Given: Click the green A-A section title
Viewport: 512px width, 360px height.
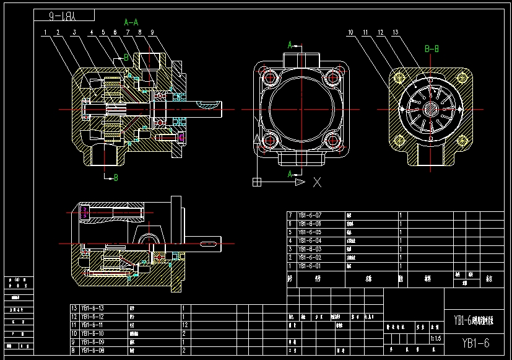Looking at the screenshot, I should pyautogui.click(x=131, y=21).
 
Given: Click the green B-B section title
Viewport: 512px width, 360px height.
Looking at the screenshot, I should pyautogui.click(x=432, y=48).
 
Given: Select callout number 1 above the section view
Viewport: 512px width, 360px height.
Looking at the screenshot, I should pyautogui.click(x=45, y=32).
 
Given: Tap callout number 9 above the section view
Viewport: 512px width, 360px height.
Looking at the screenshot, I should pyautogui.click(x=151, y=32).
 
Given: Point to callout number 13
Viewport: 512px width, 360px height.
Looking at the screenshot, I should pyautogui.click(x=396, y=32).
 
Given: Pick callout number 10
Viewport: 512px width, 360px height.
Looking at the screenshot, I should pyautogui.click(x=350, y=32).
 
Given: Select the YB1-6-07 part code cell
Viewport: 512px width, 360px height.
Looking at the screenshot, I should pyautogui.click(x=310, y=215).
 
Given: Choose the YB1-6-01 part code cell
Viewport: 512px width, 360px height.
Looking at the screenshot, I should pyautogui.click(x=310, y=266).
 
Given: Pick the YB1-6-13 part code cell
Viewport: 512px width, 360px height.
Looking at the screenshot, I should pyautogui.click(x=92, y=308).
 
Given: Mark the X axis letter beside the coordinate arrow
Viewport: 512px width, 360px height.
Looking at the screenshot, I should pyautogui.click(x=317, y=182).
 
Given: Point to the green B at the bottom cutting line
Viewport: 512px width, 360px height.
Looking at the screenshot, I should pyautogui.click(x=115, y=178).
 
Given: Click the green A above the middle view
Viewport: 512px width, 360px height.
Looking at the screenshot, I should pyautogui.click(x=289, y=45).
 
